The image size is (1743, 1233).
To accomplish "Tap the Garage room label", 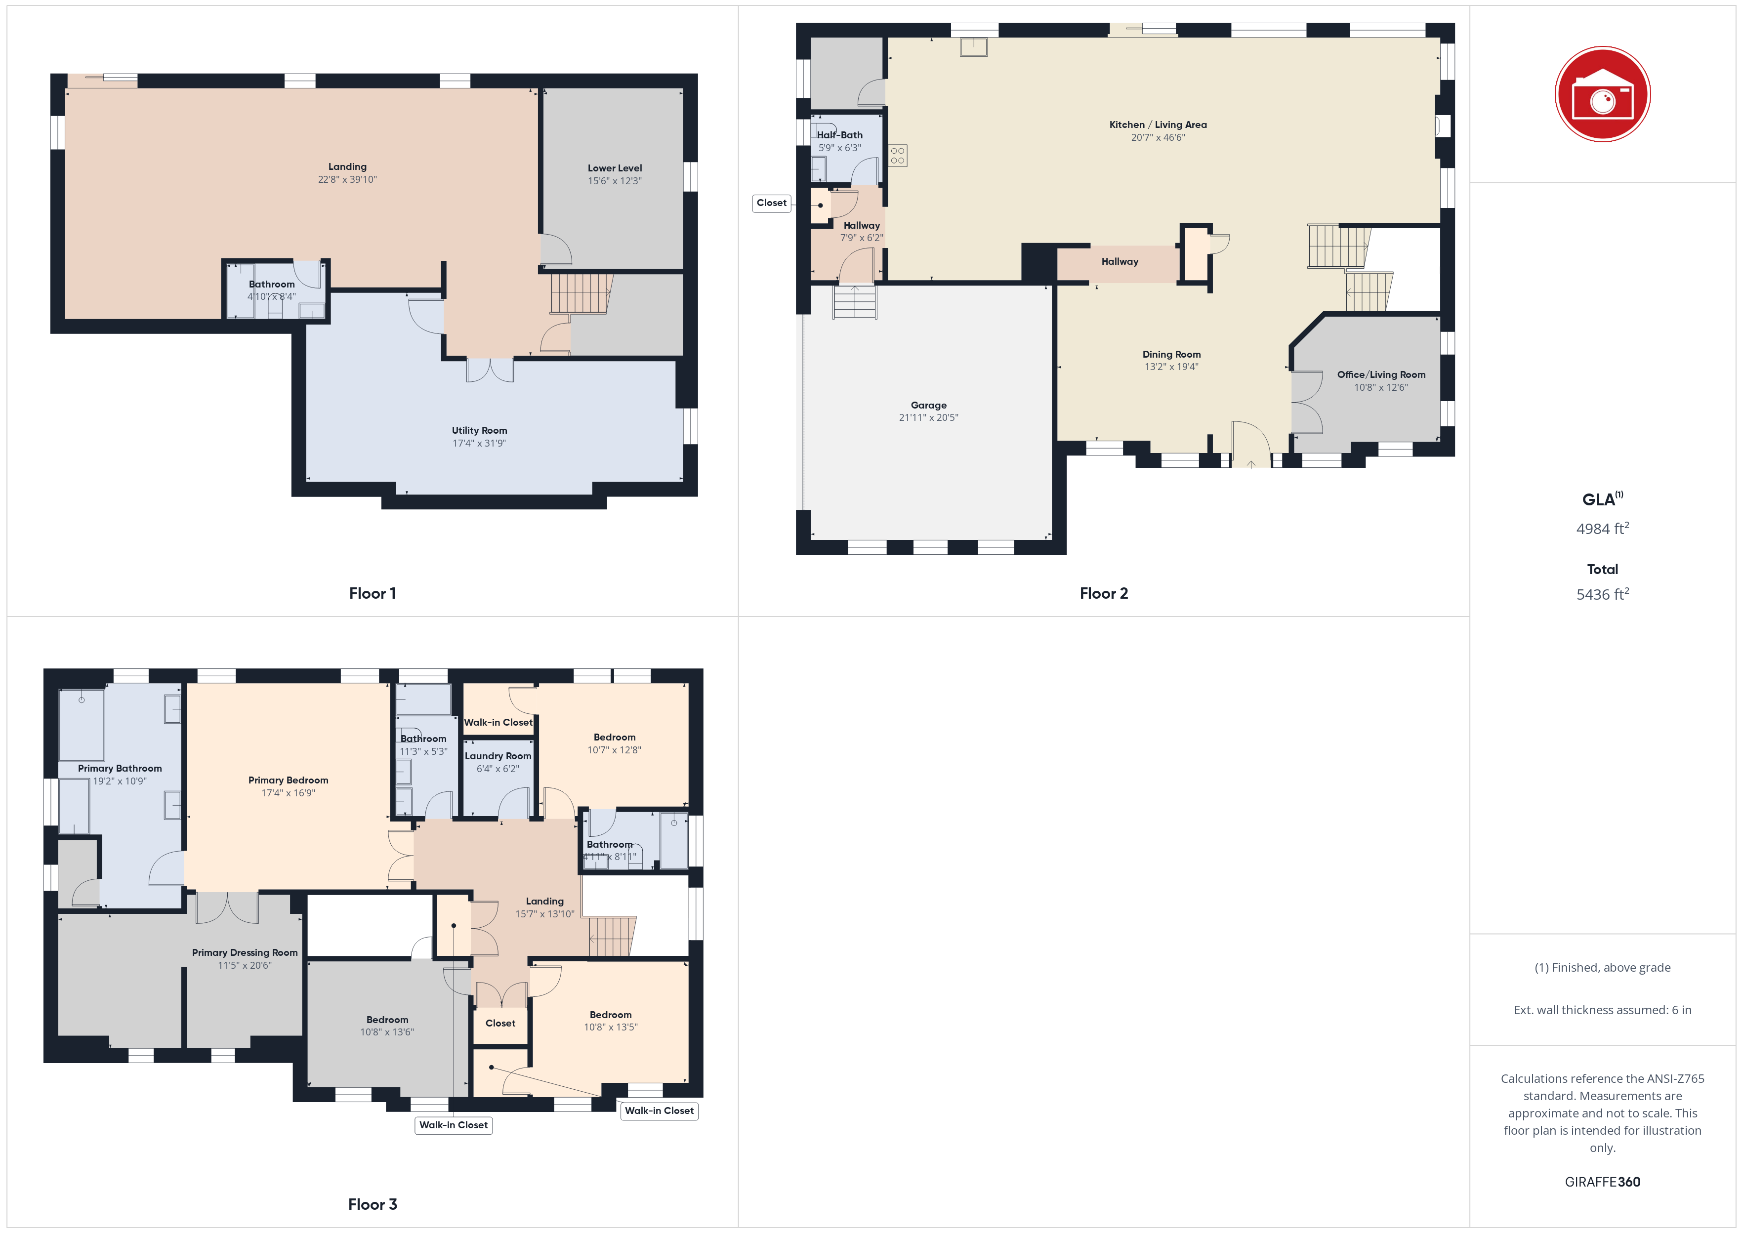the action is [x=928, y=406].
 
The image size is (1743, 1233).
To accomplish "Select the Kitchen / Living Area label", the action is [x=1158, y=124].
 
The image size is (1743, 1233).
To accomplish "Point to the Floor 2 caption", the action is [x=1104, y=594].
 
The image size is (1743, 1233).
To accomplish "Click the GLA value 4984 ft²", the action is [x=1603, y=529].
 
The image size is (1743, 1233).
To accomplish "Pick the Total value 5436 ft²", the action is [x=1603, y=594].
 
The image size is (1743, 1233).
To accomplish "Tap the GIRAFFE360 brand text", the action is [x=1603, y=1182].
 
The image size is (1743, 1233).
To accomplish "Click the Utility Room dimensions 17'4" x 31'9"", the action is [x=479, y=444].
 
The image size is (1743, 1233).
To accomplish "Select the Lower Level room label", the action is [x=615, y=168].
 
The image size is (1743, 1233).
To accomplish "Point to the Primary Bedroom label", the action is [x=289, y=781].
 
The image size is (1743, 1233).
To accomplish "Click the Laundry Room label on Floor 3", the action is [x=498, y=756].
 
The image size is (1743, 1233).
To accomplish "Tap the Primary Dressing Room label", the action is [x=245, y=953].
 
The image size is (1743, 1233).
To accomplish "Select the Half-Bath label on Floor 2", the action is [x=839, y=135].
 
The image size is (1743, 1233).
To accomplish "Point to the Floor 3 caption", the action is [x=373, y=1205].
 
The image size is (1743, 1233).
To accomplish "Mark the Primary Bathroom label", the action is [x=120, y=768].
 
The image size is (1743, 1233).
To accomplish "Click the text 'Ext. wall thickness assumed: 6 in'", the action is [x=1603, y=1010].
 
